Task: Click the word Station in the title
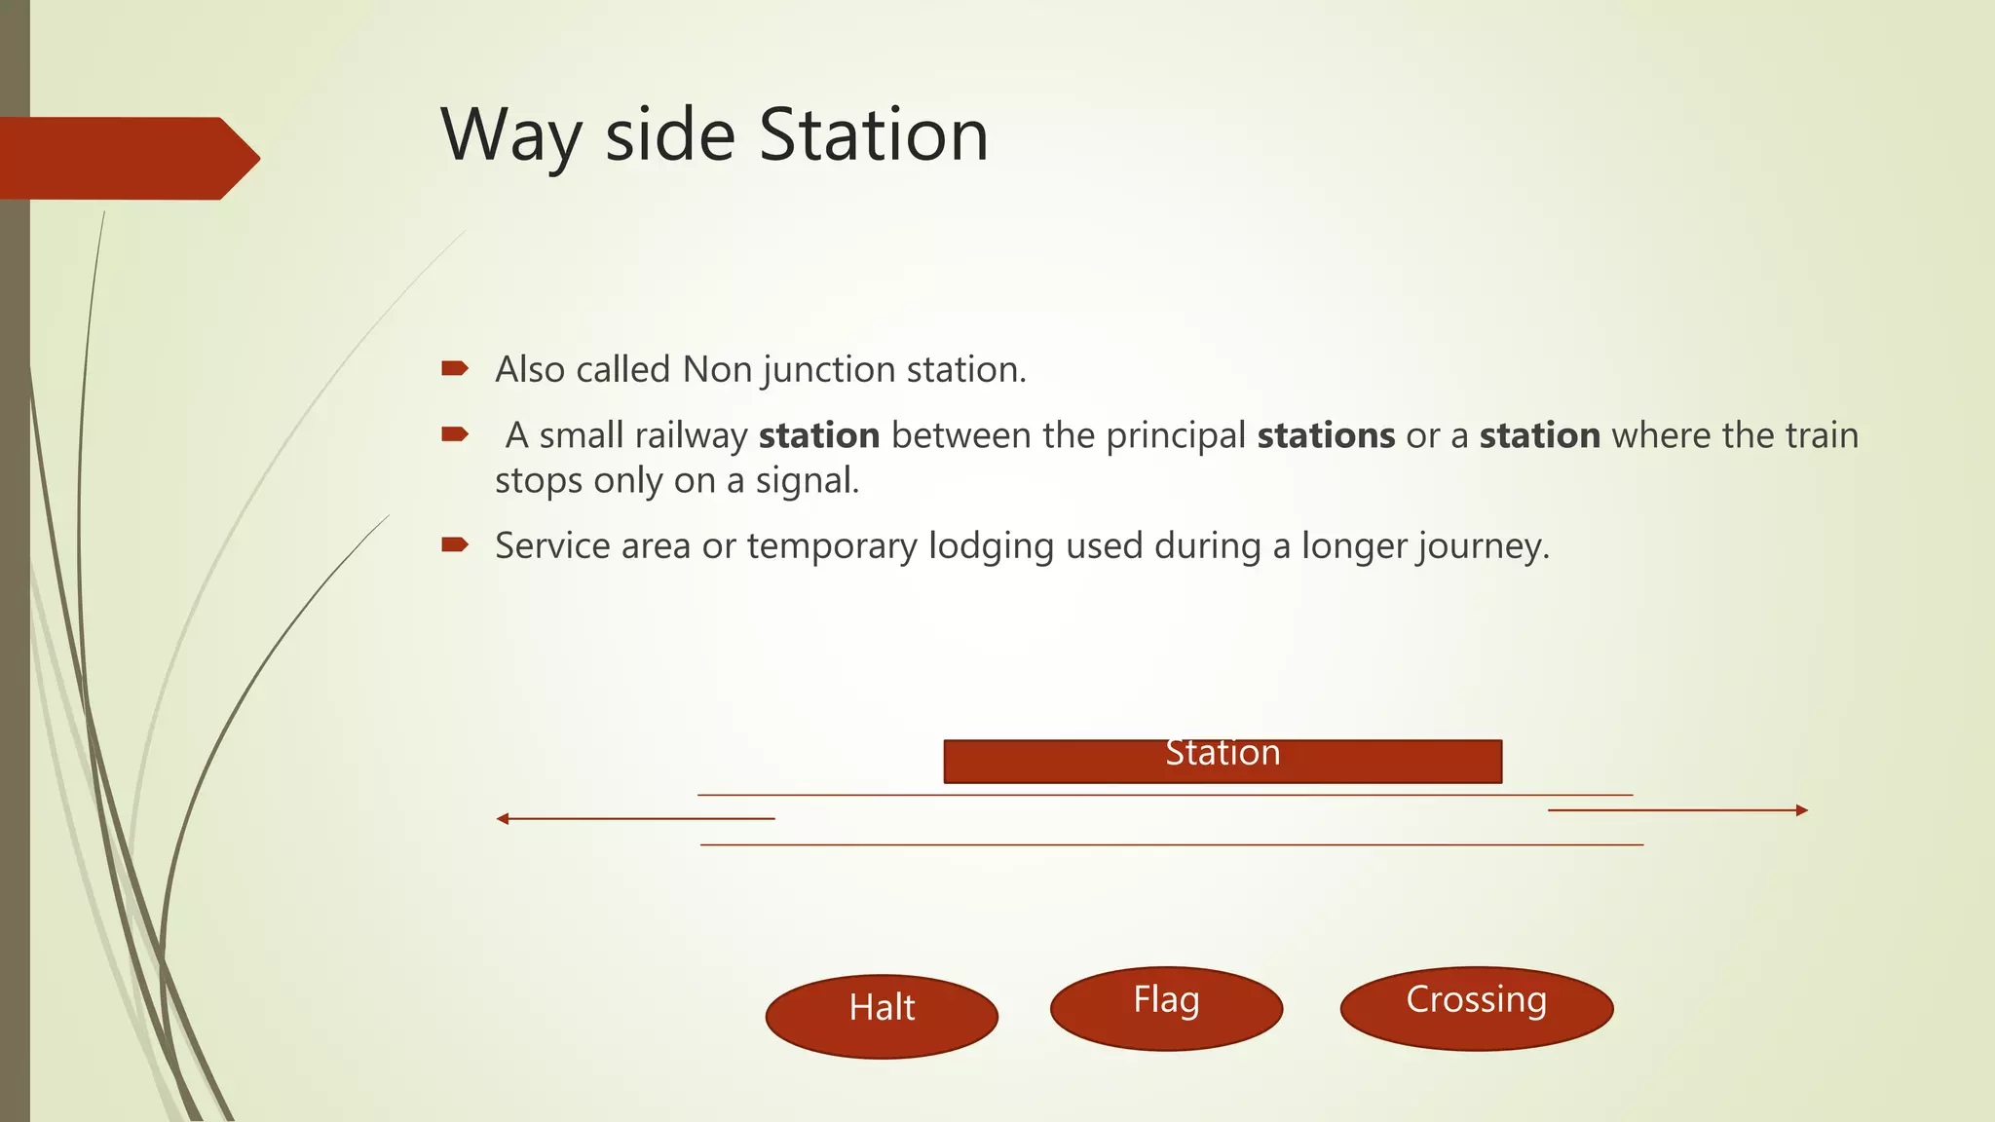[x=874, y=134]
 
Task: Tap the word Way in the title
[x=510, y=136]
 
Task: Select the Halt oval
[x=882, y=1015]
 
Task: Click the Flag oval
[x=1166, y=1008]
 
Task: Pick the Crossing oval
[x=1476, y=1008]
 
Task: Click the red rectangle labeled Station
[x=1223, y=762]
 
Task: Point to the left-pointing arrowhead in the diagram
[x=503, y=819]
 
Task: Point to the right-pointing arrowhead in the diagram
[x=1802, y=810]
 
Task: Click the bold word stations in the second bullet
[x=1326, y=435]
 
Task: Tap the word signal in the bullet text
[x=807, y=481]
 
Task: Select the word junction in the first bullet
[x=829, y=371]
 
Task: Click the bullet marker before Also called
[x=455, y=368]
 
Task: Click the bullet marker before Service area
[x=455, y=544]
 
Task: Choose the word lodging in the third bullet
[x=991, y=546]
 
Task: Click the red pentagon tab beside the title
[x=127, y=159]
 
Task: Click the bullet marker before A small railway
[x=455, y=434]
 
